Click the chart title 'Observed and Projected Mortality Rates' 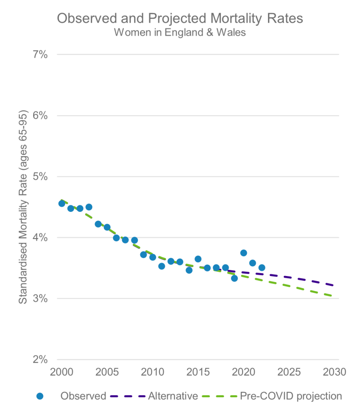click(x=180, y=19)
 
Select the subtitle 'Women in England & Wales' click(x=180, y=33)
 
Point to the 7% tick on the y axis click(x=40, y=55)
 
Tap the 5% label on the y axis click(x=40, y=177)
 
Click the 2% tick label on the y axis click(x=40, y=360)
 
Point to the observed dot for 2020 click(x=244, y=253)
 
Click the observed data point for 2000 click(x=62, y=203)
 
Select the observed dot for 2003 click(x=89, y=207)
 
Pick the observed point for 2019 click(x=234, y=278)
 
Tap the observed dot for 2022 click(x=262, y=268)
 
